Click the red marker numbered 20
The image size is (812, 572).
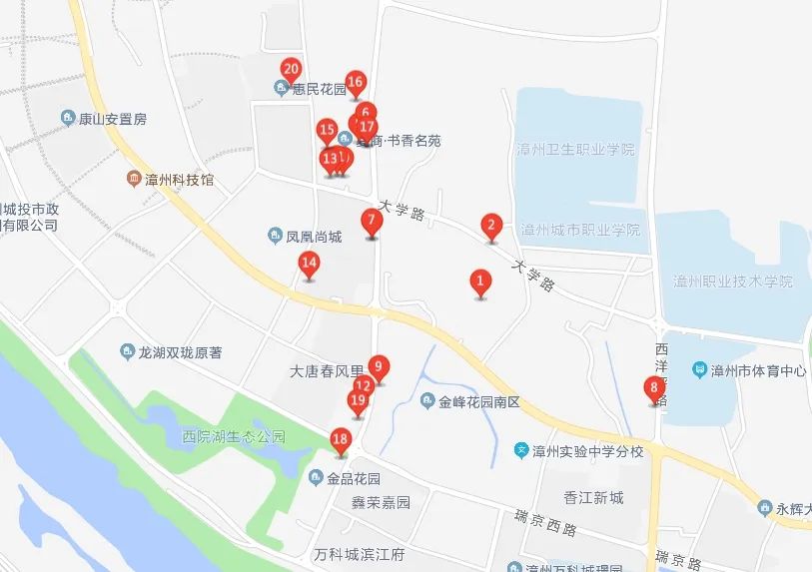coord(291,70)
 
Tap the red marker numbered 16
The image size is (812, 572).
coord(356,83)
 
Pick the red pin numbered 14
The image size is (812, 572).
coord(310,265)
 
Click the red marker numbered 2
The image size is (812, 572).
coord(490,225)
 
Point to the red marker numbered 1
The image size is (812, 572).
coord(480,282)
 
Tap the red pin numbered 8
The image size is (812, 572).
coord(655,388)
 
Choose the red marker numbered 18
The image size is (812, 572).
coord(341,439)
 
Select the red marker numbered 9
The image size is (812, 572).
coord(378,366)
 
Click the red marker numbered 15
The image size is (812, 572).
coord(326,130)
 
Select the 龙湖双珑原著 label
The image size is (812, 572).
coord(180,351)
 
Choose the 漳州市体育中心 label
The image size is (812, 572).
coord(758,370)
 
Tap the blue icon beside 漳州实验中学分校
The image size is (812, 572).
coord(520,450)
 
